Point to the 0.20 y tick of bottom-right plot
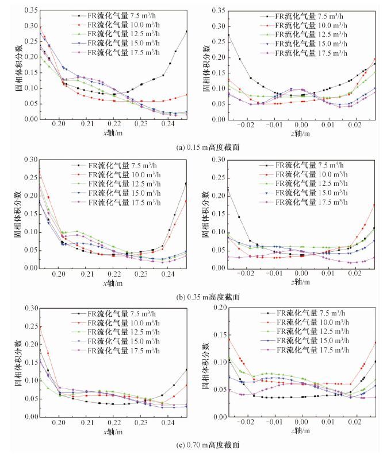(x=216, y=308)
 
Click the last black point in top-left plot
(x=187, y=31)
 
